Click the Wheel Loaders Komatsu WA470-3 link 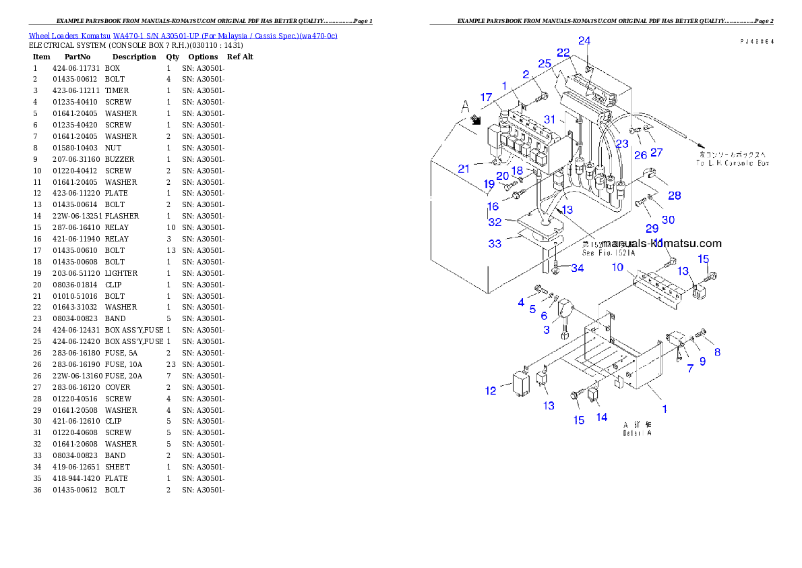[x=183, y=36]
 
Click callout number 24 [x=584, y=40]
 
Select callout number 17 [x=486, y=97]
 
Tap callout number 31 [x=551, y=119]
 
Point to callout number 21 [x=464, y=169]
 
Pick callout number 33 [x=495, y=244]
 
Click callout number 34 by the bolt [x=577, y=268]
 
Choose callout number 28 [x=674, y=196]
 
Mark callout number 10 [x=617, y=267]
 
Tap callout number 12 [x=491, y=391]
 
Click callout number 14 [x=602, y=417]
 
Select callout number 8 [x=717, y=351]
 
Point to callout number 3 [x=547, y=329]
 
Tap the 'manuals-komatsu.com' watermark [x=662, y=244]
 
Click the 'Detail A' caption [x=637, y=433]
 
